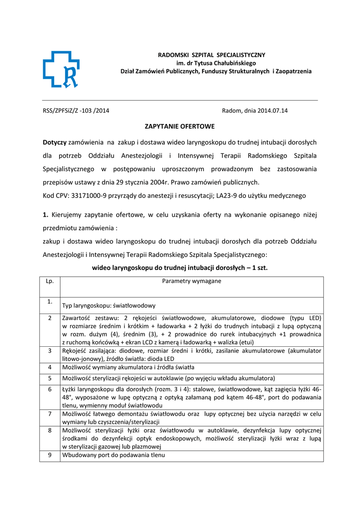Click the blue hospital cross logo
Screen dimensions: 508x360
pos(61,69)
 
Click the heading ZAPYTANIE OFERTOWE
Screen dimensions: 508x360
pos(180,127)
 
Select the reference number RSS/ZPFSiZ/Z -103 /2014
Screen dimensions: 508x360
pos(76,111)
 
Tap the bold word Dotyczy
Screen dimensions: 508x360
pos(55,142)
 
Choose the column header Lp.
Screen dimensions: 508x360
pos(50,281)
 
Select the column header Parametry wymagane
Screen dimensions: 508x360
pos(192,281)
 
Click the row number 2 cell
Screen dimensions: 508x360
pos(50,317)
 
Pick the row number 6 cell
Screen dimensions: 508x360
pos(50,389)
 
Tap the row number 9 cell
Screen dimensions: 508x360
pos(50,455)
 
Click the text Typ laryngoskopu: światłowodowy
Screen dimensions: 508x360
pos(109,306)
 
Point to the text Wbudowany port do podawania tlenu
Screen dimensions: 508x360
pos(114,455)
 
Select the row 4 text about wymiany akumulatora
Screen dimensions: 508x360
pos(128,367)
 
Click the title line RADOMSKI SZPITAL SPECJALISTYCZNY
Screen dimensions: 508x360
pos(212,55)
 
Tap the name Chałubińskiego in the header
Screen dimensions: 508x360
pos(233,63)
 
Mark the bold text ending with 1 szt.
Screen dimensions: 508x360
pos(180,267)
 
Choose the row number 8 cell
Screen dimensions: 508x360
pos(50,430)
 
